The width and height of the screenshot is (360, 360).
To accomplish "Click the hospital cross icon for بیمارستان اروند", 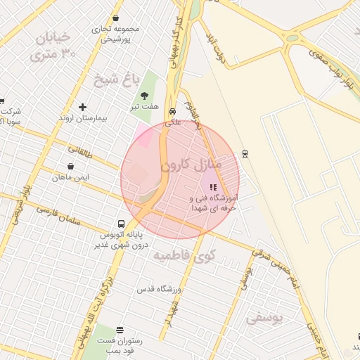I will click(x=83, y=108).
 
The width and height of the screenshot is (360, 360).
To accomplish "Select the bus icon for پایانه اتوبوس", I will click(x=122, y=224).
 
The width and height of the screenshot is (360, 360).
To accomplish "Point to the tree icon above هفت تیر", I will click(x=144, y=96).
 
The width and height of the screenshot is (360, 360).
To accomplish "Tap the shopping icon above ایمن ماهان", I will click(x=70, y=167).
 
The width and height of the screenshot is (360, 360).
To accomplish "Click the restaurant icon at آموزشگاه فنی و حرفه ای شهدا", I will click(x=213, y=187).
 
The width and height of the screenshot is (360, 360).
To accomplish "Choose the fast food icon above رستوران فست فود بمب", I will click(x=120, y=330).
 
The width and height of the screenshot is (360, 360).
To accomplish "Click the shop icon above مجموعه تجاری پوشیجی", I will click(x=115, y=19).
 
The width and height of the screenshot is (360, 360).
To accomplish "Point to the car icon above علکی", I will click(x=173, y=110).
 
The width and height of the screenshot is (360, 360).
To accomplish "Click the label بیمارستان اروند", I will click(x=82, y=118).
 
